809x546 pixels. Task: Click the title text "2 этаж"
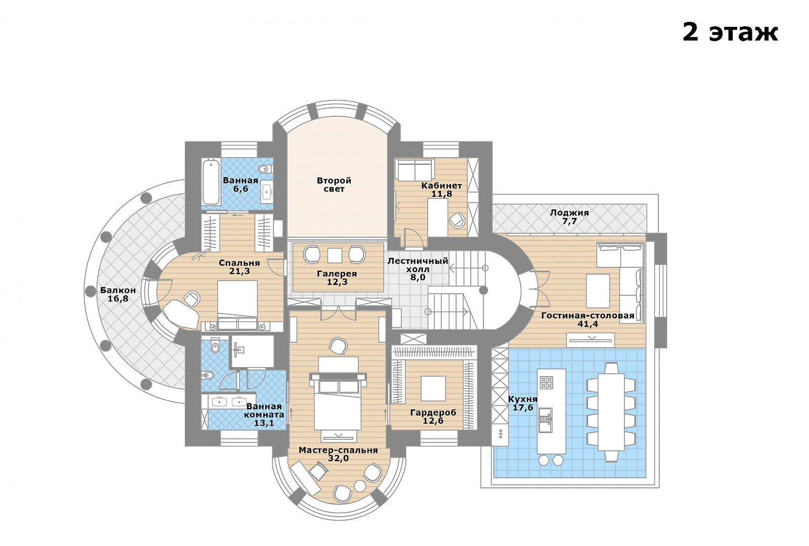[x=730, y=33]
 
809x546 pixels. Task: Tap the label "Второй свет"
[x=334, y=185]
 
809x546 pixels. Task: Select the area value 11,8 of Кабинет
[x=442, y=194]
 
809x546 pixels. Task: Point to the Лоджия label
[x=569, y=213]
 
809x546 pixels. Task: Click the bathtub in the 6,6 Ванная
[x=211, y=182]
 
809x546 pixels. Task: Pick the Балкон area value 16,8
[x=118, y=299]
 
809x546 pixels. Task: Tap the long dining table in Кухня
[x=611, y=412]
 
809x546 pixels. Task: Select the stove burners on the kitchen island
[x=546, y=382]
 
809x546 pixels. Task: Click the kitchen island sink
[x=546, y=420]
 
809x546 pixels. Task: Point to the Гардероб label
[x=433, y=413]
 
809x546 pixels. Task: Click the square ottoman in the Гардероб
[x=433, y=388]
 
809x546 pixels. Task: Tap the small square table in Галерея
[x=334, y=255]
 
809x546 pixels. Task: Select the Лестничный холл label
[x=418, y=265]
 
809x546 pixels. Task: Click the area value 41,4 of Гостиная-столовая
[x=588, y=324]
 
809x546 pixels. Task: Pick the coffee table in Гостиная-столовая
[x=598, y=291]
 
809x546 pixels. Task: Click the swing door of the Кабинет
[x=414, y=238]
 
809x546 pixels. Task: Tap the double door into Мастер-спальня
[x=338, y=313]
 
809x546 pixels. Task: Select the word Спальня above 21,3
[x=240, y=263]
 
